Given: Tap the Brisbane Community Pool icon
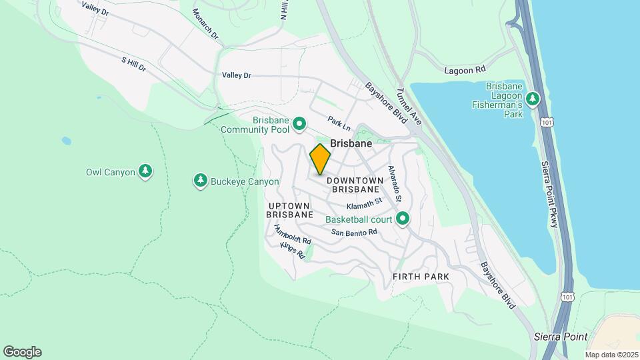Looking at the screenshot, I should click(300, 123).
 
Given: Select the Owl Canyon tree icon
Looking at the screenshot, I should click(145, 172).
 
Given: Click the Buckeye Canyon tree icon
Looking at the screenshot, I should click(200, 181).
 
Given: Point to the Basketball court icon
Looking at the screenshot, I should click(403, 219).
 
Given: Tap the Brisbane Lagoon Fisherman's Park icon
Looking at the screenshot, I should click(532, 99).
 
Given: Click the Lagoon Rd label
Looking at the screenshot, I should click(465, 69).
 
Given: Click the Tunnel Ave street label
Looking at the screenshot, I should click(409, 107).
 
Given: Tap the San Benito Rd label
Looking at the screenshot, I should click(355, 232).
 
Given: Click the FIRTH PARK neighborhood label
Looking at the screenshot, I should click(421, 276).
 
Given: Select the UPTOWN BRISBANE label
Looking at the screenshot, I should click(290, 210).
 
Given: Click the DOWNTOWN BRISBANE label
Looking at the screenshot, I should click(355, 185).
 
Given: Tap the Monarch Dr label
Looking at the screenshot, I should click(205, 24).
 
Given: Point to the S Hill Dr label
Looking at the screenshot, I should click(133, 65).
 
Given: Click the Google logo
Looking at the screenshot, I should click(22, 352).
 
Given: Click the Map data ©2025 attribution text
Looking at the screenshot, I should click(611, 355).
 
